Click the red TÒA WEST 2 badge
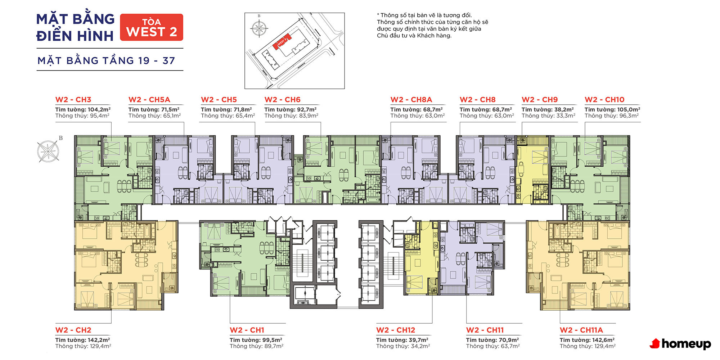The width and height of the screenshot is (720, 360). [152, 27]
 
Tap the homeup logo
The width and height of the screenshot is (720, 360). [680, 344]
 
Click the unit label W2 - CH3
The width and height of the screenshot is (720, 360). [73, 100]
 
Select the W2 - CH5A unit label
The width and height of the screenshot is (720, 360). [149, 100]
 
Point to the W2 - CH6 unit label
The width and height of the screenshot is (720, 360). [283, 100]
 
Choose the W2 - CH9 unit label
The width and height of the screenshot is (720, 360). [540, 100]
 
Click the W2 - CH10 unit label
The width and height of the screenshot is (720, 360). [604, 100]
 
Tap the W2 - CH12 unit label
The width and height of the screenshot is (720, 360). [396, 330]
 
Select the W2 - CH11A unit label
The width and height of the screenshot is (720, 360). [581, 330]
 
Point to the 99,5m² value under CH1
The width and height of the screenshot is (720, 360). [272, 340]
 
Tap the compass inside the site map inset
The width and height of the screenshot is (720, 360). [259, 28]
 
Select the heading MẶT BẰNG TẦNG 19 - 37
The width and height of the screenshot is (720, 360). [106, 60]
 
